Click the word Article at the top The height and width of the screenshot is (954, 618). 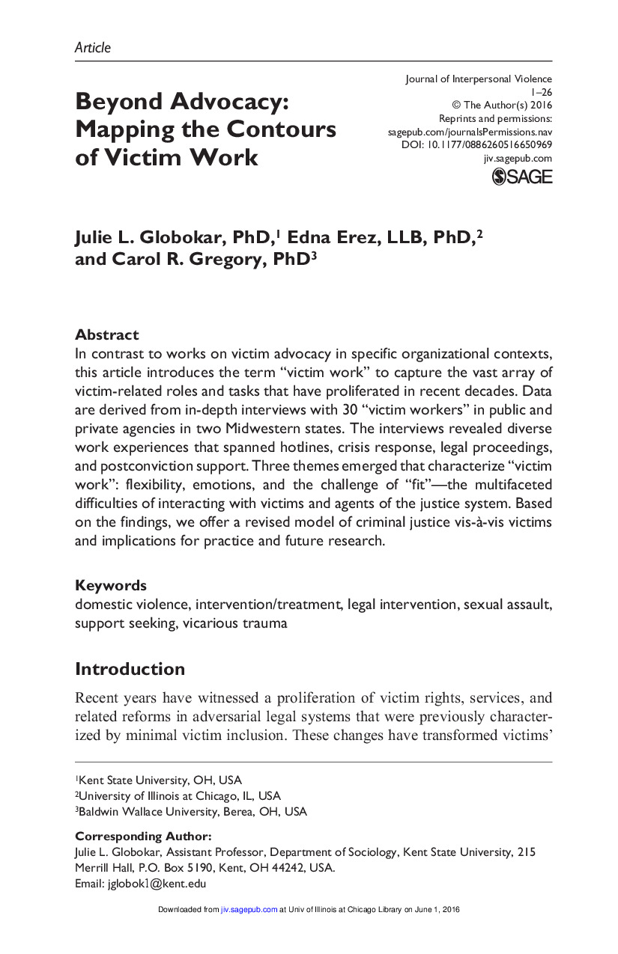click(x=92, y=47)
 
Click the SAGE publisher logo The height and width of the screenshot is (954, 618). click(x=521, y=177)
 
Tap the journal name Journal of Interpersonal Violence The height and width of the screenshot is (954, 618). click(x=478, y=79)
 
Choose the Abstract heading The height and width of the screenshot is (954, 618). click(x=106, y=334)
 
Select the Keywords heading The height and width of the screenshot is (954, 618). click(x=110, y=585)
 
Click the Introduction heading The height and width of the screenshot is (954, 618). click(x=130, y=668)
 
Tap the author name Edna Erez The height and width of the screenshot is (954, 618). click(x=321, y=237)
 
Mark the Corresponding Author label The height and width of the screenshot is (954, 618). click(x=143, y=836)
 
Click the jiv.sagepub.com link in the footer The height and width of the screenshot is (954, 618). click(x=249, y=910)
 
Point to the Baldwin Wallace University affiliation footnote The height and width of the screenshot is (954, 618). click(x=192, y=811)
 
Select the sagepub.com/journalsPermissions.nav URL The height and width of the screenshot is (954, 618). click(x=470, y=132)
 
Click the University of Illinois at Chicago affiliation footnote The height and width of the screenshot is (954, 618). click(x=179, y=795)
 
